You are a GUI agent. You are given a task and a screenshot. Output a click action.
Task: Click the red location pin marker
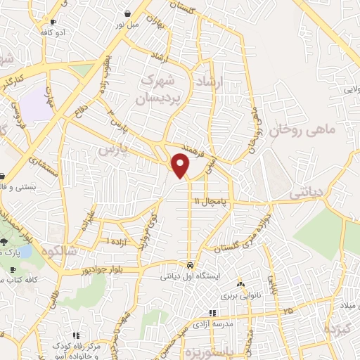(181, 165)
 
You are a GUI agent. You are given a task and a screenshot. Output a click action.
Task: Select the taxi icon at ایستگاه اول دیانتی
(191, 265)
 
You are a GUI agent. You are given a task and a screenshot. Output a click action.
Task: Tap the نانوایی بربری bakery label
(240, 295)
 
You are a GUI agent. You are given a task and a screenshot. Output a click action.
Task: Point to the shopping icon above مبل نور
(127, 13)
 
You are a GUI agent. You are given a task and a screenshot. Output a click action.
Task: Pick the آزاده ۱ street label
(117, 241)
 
